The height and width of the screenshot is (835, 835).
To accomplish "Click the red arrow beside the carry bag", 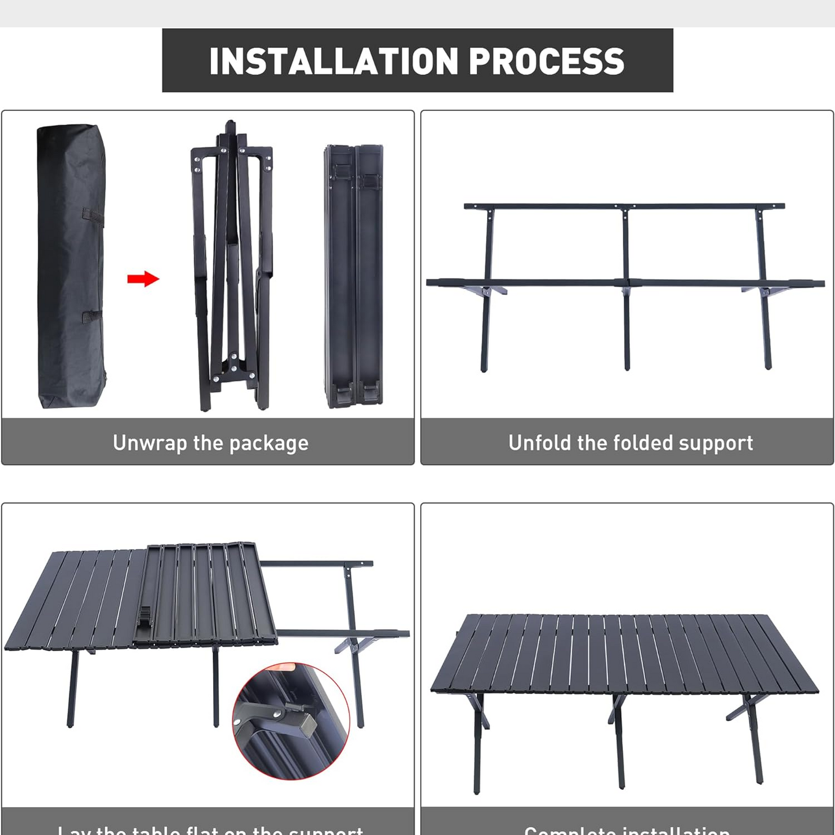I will (143, 279).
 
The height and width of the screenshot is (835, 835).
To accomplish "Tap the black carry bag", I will (70, 266).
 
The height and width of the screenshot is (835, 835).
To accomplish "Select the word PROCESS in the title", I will (546, 61).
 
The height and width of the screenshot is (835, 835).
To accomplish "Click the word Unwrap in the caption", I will (150, 443).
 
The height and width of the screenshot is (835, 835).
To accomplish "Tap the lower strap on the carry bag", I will (91, 316).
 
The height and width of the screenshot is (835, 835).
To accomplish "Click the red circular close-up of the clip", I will (291, 721).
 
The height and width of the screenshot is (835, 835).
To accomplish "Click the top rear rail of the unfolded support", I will (624, 206).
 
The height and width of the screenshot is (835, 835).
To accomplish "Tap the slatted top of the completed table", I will (624, 653).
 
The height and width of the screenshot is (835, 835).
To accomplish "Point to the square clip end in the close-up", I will (306, 723).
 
